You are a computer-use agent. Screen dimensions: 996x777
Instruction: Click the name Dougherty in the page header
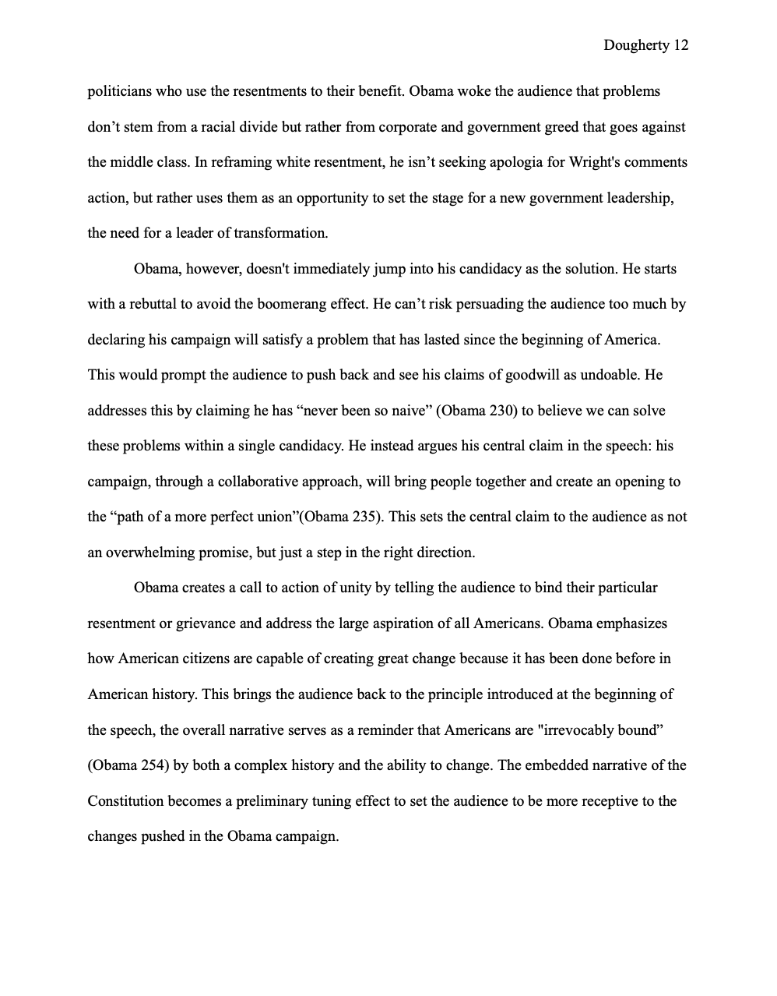635,45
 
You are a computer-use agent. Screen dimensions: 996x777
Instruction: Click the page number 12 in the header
680,45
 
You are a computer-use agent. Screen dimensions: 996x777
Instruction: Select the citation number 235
364,517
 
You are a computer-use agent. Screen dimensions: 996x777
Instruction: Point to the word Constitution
126,801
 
